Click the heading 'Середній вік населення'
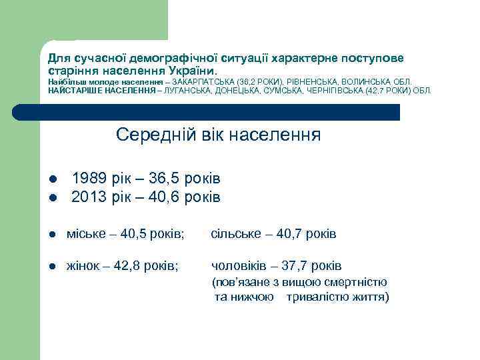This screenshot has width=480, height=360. click(218, 135)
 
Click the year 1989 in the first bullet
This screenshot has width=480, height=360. click(88, 179)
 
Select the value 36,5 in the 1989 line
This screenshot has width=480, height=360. click(165, 179)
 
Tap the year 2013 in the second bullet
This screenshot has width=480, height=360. click(88, 197)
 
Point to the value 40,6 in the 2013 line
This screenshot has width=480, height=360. click(165, 197)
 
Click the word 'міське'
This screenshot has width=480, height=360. click(85, 234)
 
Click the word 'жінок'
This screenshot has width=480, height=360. click(83, 266)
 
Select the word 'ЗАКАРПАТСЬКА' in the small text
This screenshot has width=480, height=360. click(201, 81)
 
